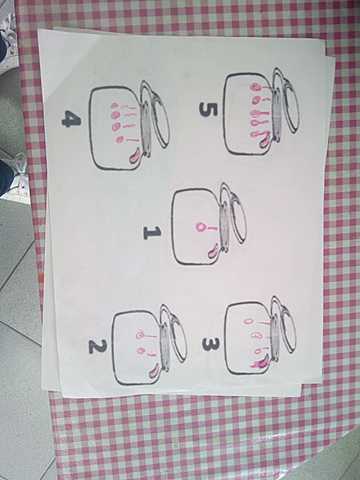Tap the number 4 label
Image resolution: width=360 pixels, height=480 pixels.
[x=71, y=119]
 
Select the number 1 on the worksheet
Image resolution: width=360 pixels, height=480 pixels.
[x=152, y=233]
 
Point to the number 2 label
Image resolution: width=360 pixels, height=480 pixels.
[x=97, y=347]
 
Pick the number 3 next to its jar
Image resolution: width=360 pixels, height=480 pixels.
[x=210, y=345]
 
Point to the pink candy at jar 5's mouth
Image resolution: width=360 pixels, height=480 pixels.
[x=265, y=142]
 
